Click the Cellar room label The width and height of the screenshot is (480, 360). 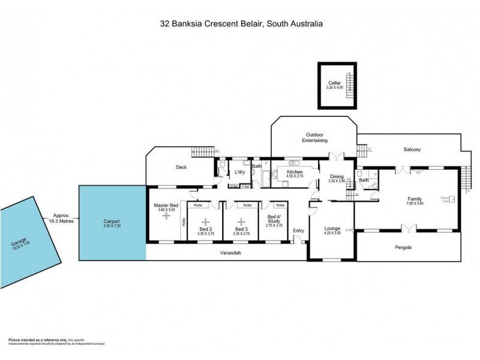[x=334, y=83]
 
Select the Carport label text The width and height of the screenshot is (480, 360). [x=112, y=220]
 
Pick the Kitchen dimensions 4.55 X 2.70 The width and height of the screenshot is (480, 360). [x=294, y=176]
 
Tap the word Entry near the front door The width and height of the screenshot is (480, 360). [x=298, y=230]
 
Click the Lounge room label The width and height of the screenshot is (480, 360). [x=332, y=228]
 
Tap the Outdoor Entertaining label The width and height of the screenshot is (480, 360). [x=314, y=137]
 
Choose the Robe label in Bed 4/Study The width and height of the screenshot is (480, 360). [x=280, y=205]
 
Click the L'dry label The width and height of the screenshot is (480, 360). [x=240, y=172]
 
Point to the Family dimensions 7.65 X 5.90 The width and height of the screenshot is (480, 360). [x=415, y=203]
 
